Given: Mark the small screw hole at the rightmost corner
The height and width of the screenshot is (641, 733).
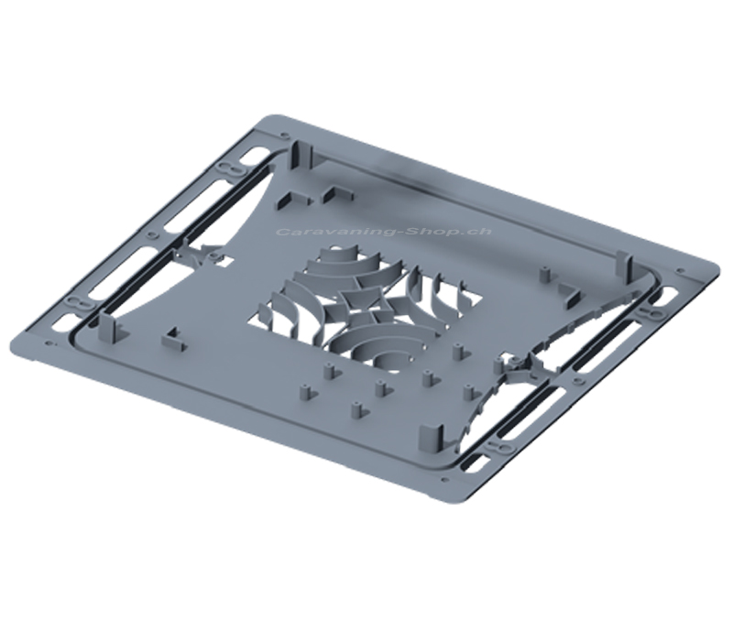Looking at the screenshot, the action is [x=680, y=269].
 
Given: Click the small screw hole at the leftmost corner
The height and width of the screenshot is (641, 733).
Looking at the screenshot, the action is [x=49, y=344].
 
